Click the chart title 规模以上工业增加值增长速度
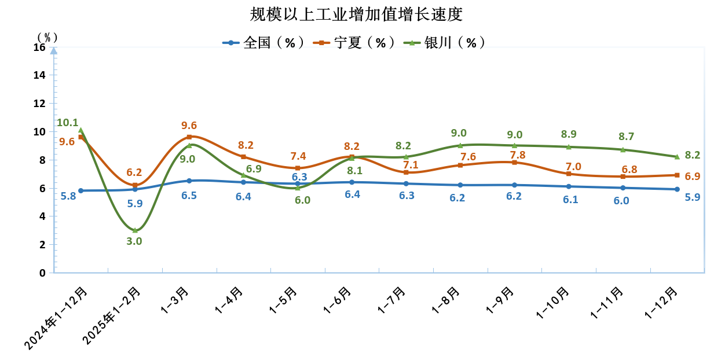pyautogui.click(x=357, y=14)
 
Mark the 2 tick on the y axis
pyautogui.click(x=42, y=245)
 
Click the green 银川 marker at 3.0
pyautogui.click(x=135, y=230)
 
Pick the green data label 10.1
pyautogui.click(x=67, y=123)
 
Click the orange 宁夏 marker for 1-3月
pyautogui.click(x=189, y=137)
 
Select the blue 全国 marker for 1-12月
pyautogui.click(x=676, y=189)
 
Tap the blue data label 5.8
pyautogui.click(x=68, y=196)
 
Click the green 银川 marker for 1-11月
pyautogui.click(x=623, y=149)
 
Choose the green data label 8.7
pyautogui.click(x=626, y=137)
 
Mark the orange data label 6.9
pyautogui.click(x=693, y=176)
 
